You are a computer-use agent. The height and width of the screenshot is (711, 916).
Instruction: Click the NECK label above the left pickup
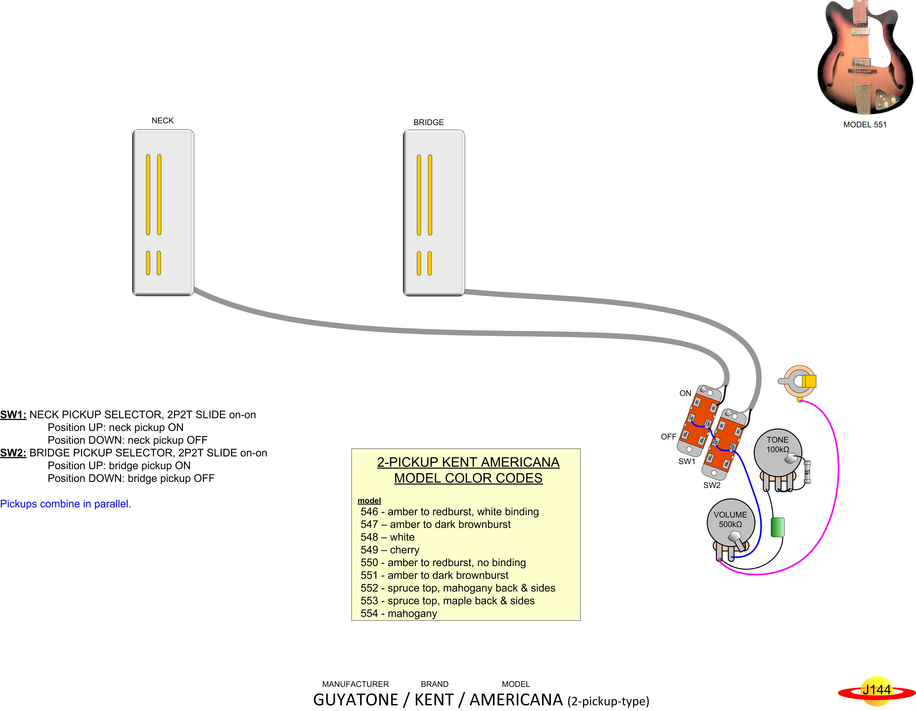162,120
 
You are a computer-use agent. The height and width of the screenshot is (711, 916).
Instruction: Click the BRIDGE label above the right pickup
428,122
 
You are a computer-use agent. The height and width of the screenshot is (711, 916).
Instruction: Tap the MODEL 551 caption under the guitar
865,125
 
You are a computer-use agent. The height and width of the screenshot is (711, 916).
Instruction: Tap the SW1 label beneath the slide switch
687,461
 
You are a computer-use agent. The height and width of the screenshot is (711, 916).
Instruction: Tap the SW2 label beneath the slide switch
712,485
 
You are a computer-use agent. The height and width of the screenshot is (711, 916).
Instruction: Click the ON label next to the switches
685,393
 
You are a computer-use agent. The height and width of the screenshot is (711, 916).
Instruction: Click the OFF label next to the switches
669,436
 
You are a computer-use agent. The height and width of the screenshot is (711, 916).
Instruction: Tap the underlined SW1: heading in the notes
13,415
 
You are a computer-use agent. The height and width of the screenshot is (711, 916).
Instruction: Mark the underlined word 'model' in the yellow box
369,500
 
